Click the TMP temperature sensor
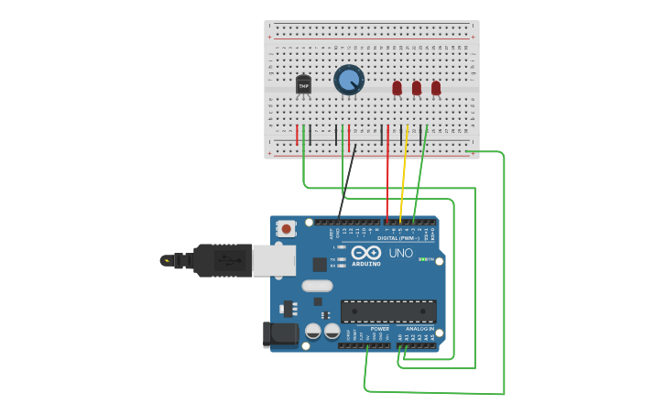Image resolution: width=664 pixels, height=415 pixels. coord(303,85)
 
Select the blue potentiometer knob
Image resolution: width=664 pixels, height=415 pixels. coord(349,80)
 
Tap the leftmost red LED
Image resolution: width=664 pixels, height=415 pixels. coord(397,88)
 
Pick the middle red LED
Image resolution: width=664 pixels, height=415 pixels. coord(416,88)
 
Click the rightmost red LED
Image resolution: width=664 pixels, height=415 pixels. coord(436,88)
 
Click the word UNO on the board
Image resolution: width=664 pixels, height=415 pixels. coord(401,253)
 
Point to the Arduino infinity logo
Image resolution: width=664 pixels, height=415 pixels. coord(366,253)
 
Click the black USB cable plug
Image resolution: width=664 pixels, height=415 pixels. coord(216,260)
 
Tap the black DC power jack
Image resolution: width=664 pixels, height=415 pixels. coord(280,334)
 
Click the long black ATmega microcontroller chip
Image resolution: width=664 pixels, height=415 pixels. coord(388,311)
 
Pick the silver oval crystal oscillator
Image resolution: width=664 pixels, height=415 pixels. coord(317,286)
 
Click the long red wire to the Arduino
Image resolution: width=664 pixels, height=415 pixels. coord(387,179)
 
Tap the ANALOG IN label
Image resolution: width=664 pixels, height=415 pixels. coord(419,328)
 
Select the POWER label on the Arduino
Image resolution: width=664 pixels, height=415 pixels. coord(379,328)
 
